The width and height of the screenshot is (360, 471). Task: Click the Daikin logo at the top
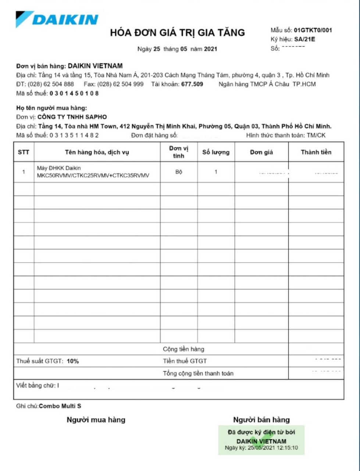click(57, 19)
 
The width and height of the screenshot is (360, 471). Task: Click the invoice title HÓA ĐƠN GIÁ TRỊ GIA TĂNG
click(177, 33)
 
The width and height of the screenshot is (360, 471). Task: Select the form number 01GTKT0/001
click(313, 30)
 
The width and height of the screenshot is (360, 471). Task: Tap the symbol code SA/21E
click(304, 39)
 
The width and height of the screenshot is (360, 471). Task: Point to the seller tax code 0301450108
click(74, 93)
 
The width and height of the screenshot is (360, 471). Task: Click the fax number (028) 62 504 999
click(120, 84)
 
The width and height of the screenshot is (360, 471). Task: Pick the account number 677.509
click(192, 84)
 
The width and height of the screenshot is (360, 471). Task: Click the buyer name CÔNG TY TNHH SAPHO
click(72, 117)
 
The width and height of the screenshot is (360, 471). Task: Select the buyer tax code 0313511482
click(74, 135)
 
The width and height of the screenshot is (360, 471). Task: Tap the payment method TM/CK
click(316, 135)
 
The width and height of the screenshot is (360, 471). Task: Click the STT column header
click(24, 152)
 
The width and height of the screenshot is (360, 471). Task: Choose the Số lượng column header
click(216, 152)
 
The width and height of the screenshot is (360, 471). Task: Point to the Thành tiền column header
click(316, 152)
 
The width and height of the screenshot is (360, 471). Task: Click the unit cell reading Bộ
click(179, 172)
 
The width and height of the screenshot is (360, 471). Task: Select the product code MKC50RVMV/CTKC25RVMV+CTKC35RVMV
click(93, 176)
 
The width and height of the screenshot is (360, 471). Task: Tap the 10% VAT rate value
click(73, 361)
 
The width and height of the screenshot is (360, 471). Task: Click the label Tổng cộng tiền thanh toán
click(198, 373)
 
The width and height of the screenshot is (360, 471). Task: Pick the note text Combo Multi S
click(60, 406)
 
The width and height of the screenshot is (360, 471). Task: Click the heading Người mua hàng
click(96, 420)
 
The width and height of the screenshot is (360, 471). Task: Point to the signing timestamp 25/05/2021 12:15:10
click(272, 448)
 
